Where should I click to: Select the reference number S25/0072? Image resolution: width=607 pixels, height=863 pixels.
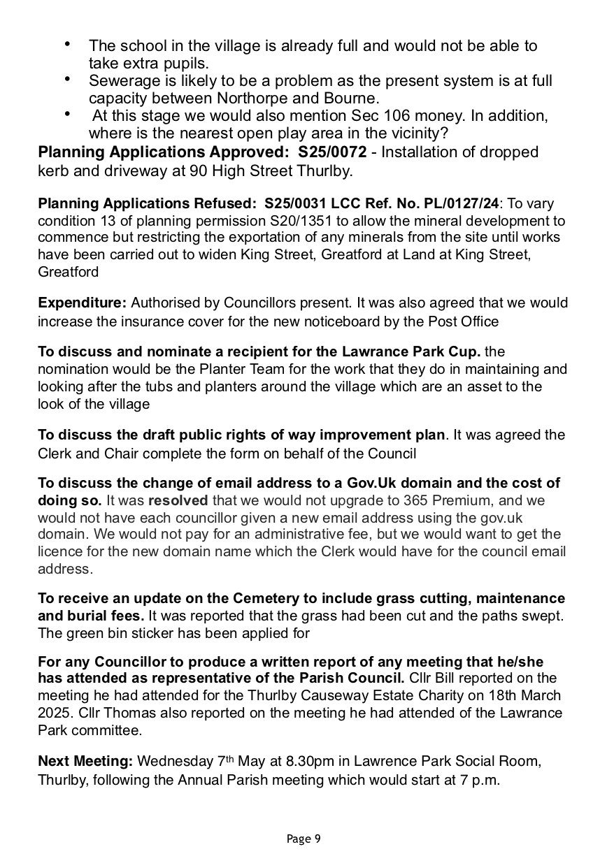332,152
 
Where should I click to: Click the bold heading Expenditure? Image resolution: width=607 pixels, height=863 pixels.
83,303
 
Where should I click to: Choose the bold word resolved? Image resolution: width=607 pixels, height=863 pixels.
178,501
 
